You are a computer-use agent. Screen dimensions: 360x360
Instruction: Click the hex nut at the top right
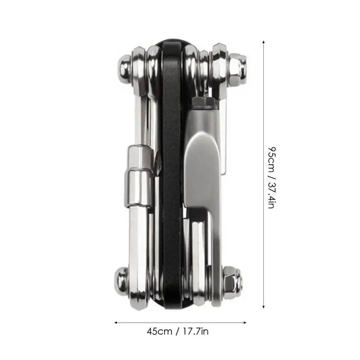coord(238,69)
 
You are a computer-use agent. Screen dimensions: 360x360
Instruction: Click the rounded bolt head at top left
coord(124,69)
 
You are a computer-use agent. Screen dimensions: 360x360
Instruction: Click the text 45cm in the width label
coord(160,331)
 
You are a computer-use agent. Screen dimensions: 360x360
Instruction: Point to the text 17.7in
coord(196,331)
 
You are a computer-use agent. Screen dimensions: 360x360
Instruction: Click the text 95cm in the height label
coord(272,159)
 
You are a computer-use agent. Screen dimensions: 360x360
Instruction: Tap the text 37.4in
coord(272,196)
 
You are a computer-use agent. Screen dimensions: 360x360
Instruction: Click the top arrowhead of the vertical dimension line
coord(264,42)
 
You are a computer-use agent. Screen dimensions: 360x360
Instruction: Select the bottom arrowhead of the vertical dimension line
coord(264,307)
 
